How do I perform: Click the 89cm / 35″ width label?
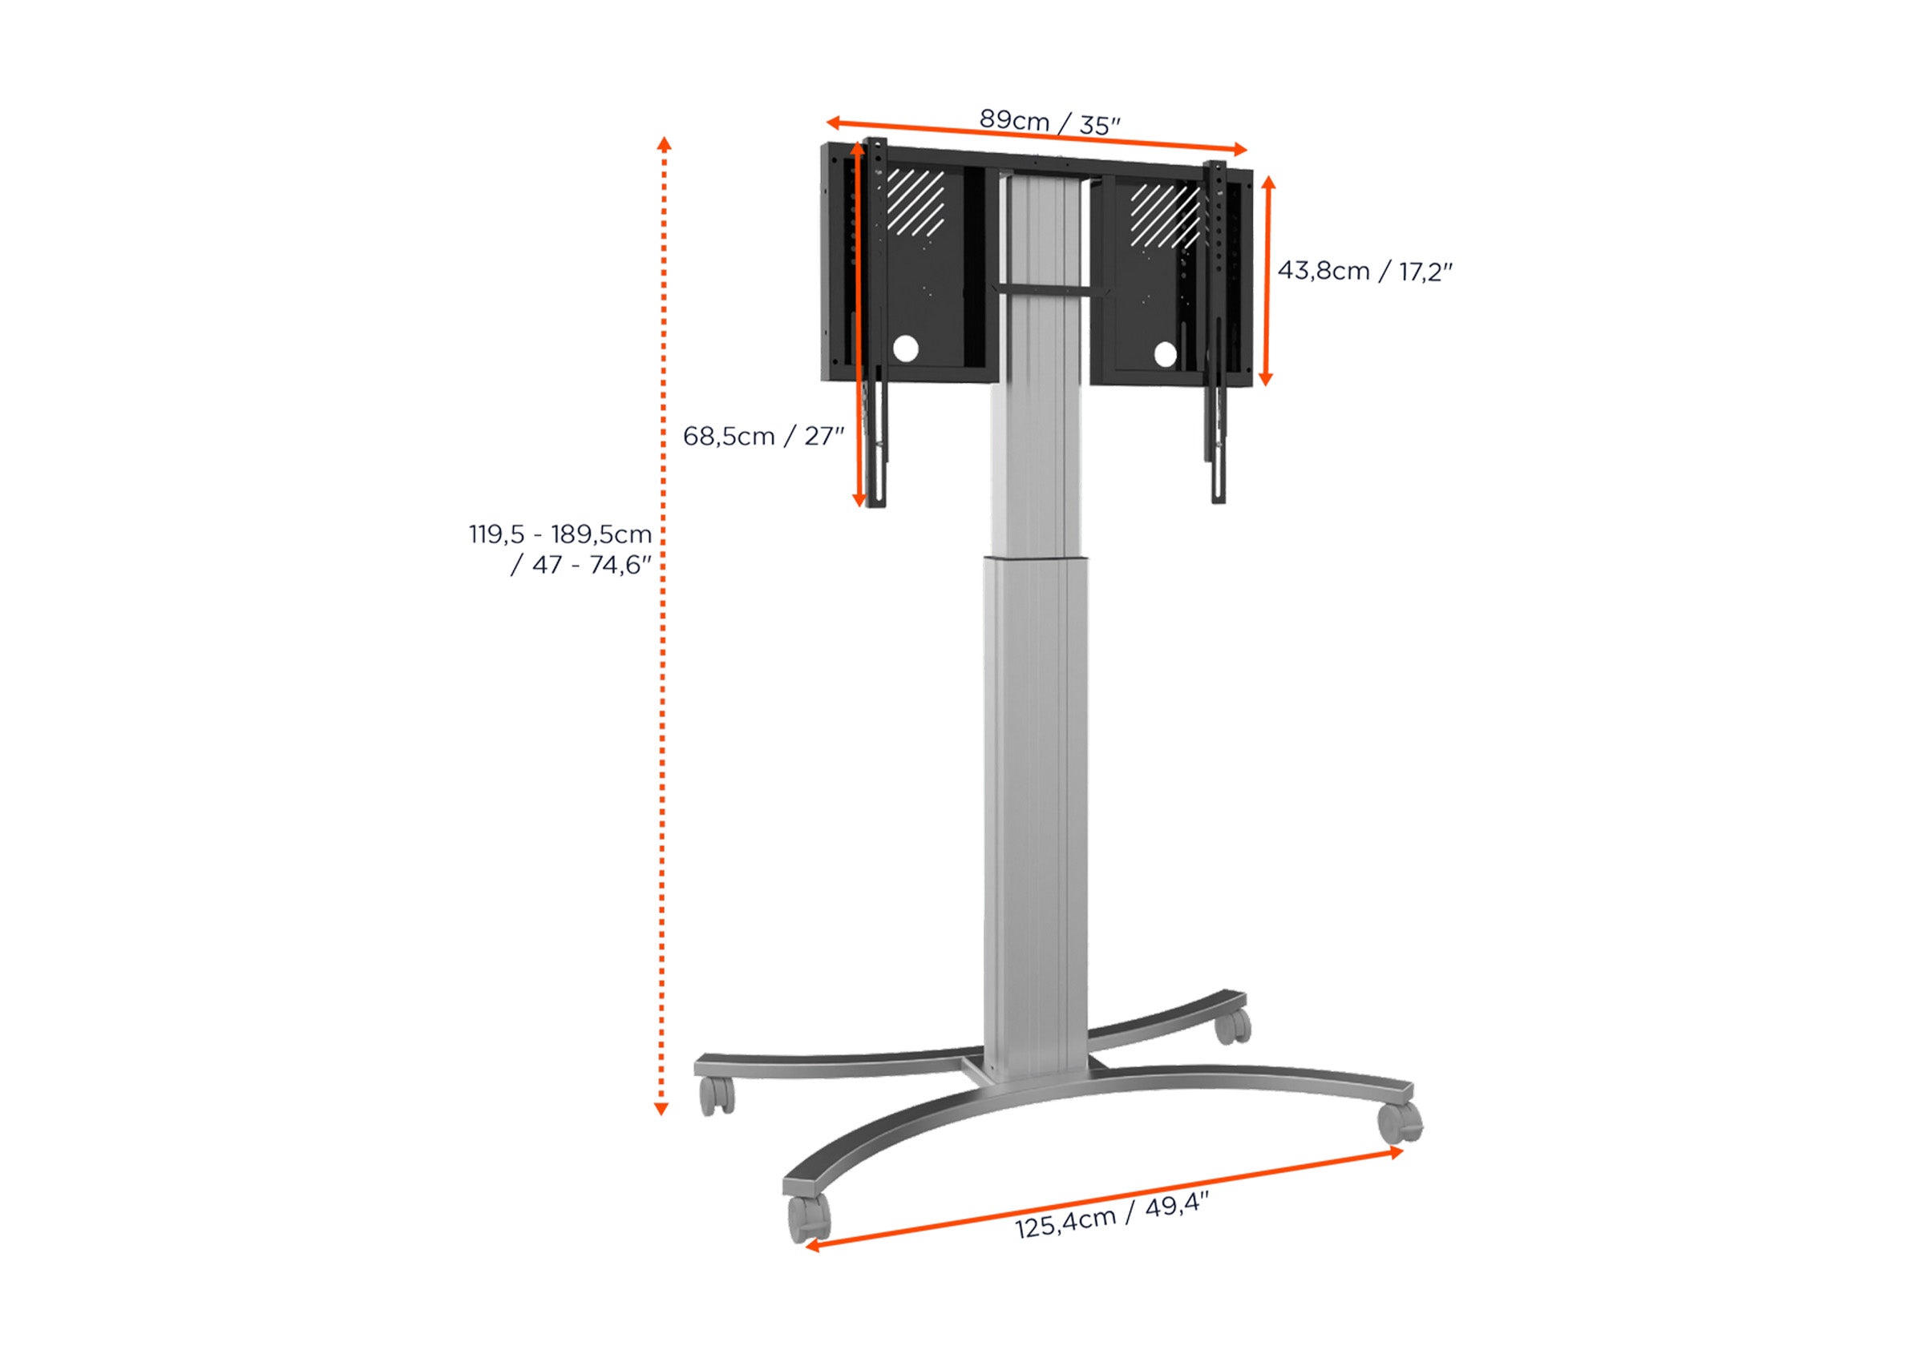pyautogui.click(x=1049, y=123)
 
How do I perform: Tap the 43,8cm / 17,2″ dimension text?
pyautogui.click(x=1365, y=271)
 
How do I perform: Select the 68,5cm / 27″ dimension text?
pyautogui.click(x=762, y=436)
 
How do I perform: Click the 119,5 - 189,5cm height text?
pyautogui.click(x=560, y=534)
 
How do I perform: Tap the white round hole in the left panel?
pyautogui.click(x=905, y=349)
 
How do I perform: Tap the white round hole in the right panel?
pyautogui.click(x=1165, y=355)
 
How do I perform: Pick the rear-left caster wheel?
pyautogui.click(x=716, y=1095)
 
